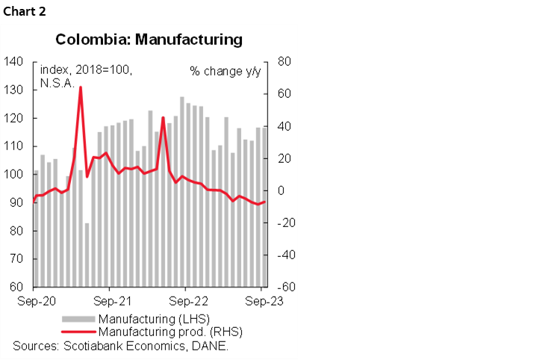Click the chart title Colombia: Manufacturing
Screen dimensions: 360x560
pos(149,40)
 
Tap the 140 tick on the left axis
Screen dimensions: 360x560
pos(14,62)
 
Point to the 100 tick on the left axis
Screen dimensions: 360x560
pos(14,175)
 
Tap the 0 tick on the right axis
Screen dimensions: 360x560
pos(282,191)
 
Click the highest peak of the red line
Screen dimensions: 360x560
pos(80,87)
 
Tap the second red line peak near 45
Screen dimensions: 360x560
pos(163,117)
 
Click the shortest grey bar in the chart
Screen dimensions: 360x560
pos(87,254)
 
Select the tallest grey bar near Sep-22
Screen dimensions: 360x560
pos(181,191)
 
